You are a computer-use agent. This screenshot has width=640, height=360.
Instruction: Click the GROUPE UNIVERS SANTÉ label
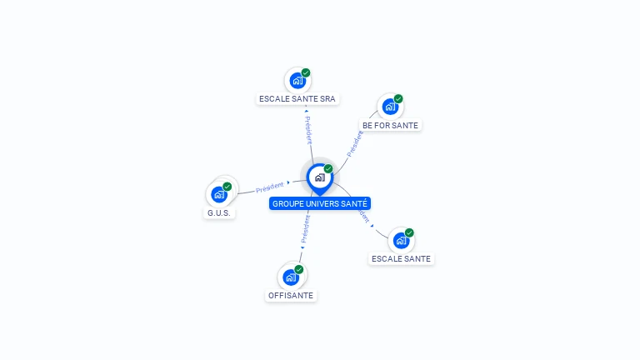coord(319,203)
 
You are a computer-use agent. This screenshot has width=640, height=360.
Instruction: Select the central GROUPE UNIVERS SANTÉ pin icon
coord(319,177)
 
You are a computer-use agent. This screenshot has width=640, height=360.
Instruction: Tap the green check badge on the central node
coord(328,168)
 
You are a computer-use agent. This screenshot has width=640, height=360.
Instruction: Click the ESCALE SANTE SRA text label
coord(297,98)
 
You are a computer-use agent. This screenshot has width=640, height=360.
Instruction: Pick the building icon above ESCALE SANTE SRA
coord(297,81)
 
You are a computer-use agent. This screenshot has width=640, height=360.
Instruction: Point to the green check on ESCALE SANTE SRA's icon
coord(306,72)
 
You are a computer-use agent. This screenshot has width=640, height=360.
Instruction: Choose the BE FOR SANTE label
coord(390,125)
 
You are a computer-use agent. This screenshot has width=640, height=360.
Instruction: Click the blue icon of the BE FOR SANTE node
coord(389,107)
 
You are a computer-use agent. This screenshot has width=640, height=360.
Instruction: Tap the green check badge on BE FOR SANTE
coord(398,99)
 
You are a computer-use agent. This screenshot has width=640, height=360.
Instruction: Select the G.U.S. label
coord(219,212)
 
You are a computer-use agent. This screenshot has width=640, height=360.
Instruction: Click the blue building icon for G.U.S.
coord(218,195)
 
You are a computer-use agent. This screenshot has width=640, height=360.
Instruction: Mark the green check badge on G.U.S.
coord(227,187)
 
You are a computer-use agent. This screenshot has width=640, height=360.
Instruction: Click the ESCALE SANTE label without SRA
coord(401,258)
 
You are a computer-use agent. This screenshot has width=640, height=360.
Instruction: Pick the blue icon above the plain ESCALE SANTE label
coord(401,241)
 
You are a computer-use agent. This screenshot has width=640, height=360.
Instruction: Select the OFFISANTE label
coord(291,295)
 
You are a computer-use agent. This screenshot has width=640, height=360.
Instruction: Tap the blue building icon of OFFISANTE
coord(290,277)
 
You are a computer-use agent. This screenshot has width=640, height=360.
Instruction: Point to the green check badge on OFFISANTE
coord(299,269)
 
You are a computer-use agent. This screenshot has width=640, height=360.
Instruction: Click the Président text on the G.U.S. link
coord(270,187)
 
